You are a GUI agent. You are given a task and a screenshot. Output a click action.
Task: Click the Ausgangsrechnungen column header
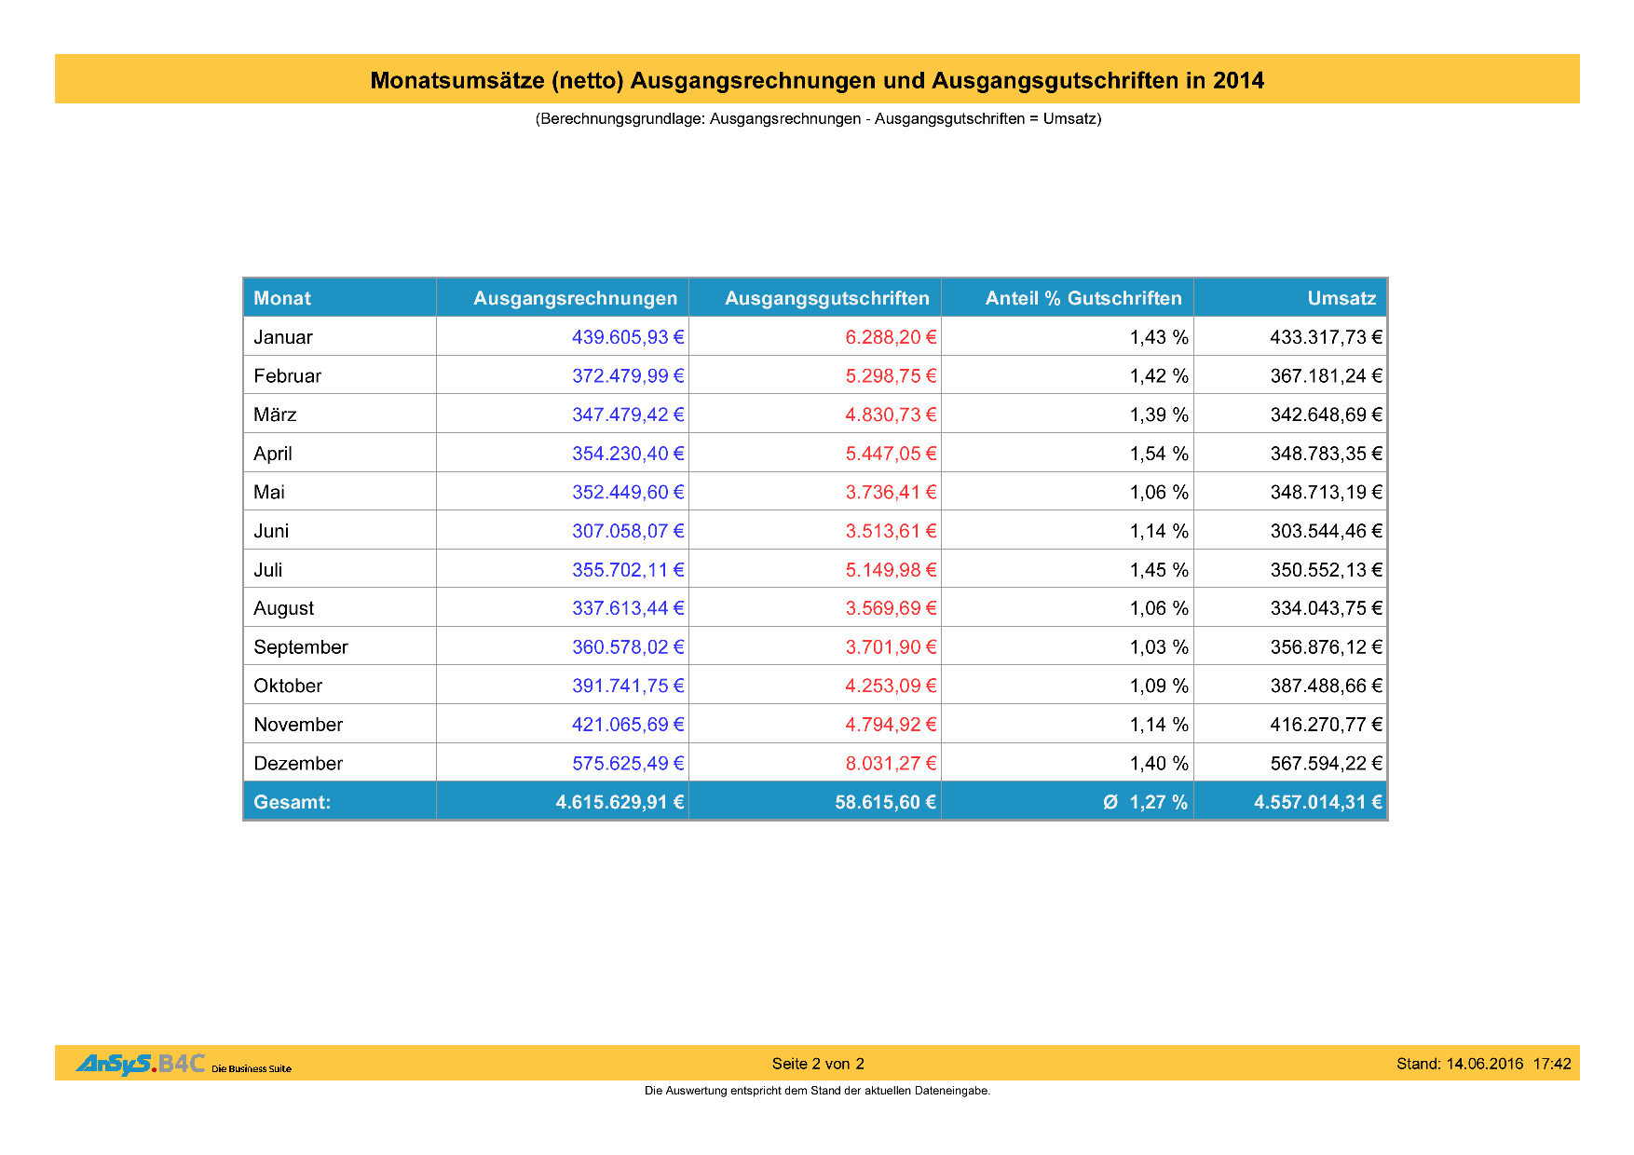pyautogui.click(x=575, y=298)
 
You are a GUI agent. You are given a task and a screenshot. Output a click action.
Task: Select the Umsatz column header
pyautogui.click(x=1341, y=298)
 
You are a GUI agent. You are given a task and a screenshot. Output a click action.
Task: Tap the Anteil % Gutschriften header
pyautogui.click(x=1083, y=298)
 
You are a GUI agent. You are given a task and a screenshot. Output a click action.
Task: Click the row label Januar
pyautogui.click(x=283, y=337)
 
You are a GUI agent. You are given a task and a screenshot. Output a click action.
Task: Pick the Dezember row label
pyautogui.click(x=298, y=764)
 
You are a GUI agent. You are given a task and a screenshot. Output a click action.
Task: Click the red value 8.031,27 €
pyautogui.click(x=891, y=764)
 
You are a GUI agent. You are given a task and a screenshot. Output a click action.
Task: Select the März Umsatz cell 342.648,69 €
pyautogui.click(x=1326, y=414)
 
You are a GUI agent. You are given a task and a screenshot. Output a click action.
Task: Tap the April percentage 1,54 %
pyautogui.click(x=1159, y=454)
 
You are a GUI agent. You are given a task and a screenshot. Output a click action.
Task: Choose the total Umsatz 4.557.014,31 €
pyautogui.click(x=1317, y=802)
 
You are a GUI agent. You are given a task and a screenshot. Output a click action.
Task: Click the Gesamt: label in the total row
pyautogui.click(x=292, y=802)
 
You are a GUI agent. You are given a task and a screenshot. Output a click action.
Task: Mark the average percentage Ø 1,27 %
pyautogui.click(x=1145, y=802)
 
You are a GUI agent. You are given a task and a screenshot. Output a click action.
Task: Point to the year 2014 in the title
pyautogui.click(x=1238, y=81)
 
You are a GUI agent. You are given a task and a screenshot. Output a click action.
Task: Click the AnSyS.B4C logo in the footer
pyautogui.click(x=140, y=1064)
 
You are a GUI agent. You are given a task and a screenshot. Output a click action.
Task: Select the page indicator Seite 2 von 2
pyautogui.click(x=818, y=1064)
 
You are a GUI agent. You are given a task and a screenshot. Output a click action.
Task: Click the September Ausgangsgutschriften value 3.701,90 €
pyautogui.click(x=891, y=647)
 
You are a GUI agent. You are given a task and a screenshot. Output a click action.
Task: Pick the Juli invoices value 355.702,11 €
pyautogui.click(x=628, y=570)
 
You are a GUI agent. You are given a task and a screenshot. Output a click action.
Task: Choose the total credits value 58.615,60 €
pyautogui.click(x=885, y=802)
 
